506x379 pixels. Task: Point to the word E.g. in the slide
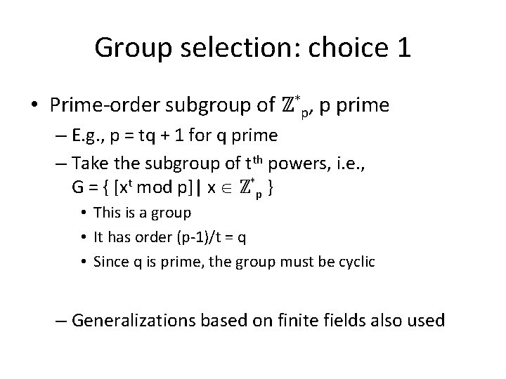[x=96, y=135]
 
